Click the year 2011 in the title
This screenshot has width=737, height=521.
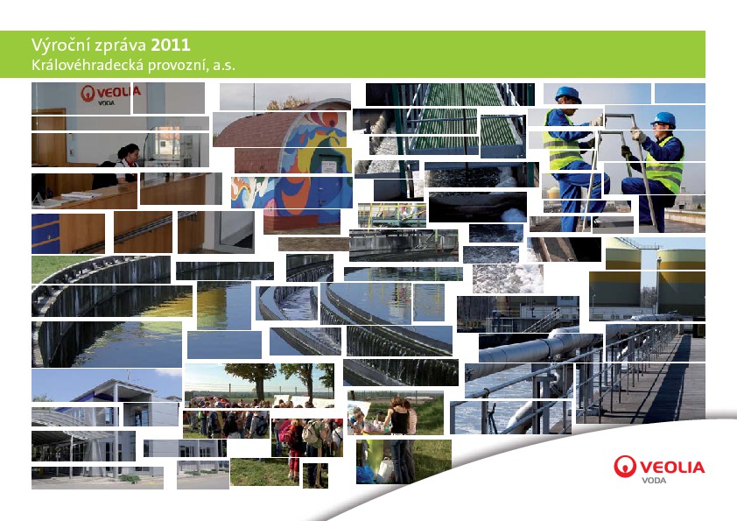[x=171, y=46]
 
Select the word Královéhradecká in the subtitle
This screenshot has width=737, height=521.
[x=88, y=65]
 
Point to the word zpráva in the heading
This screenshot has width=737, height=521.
[x=120, y=46]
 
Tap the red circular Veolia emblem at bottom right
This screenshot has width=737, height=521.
[x=625, y=466]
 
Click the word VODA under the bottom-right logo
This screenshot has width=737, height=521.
[x=654, y=480]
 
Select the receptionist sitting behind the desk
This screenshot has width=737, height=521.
[x=127, y=162]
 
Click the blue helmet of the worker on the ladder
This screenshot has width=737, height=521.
[x=568, y=94]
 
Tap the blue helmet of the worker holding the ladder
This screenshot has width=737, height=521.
[x=663, y=119]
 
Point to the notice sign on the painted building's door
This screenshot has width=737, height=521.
[x=329, y=166]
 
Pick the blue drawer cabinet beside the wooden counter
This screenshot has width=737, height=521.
[x=46, y=233]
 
